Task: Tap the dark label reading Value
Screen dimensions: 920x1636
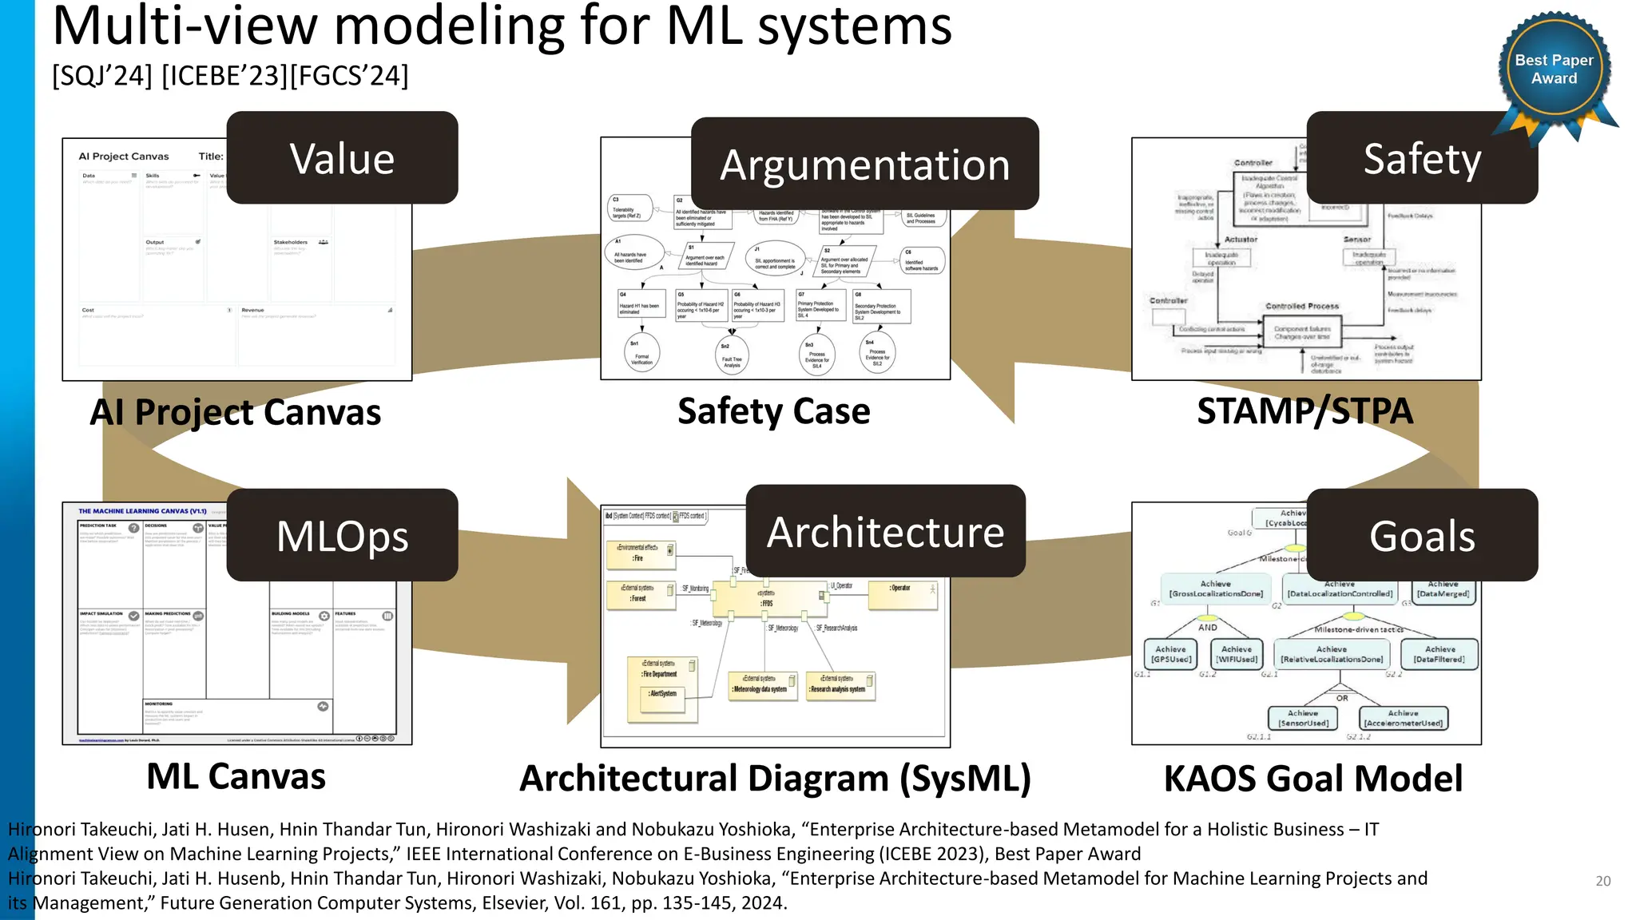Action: click(342, 158)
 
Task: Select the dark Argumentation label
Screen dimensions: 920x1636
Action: click(864, 165)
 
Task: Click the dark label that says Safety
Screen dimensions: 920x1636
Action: click(1422, 158)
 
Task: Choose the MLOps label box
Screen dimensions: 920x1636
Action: click(342, 535)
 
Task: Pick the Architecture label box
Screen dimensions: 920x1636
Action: click(885, 532)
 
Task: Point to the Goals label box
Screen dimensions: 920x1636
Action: click(1422, 535)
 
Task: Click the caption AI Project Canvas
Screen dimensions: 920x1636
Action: click(235, 412)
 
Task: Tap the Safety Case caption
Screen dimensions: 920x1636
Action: click(773, 411)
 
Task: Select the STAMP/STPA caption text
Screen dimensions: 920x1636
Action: click(1304, 411)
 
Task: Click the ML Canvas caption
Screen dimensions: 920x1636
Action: click(236, 776)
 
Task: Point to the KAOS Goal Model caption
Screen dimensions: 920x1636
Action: click(1312, 779)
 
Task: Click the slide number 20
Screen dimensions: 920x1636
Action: click(1602, 881)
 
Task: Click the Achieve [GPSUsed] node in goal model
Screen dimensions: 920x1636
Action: click(1170, 654)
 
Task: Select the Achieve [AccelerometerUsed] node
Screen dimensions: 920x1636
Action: click(1403, 718)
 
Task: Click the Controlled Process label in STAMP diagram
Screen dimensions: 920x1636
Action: click(1301, 306)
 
